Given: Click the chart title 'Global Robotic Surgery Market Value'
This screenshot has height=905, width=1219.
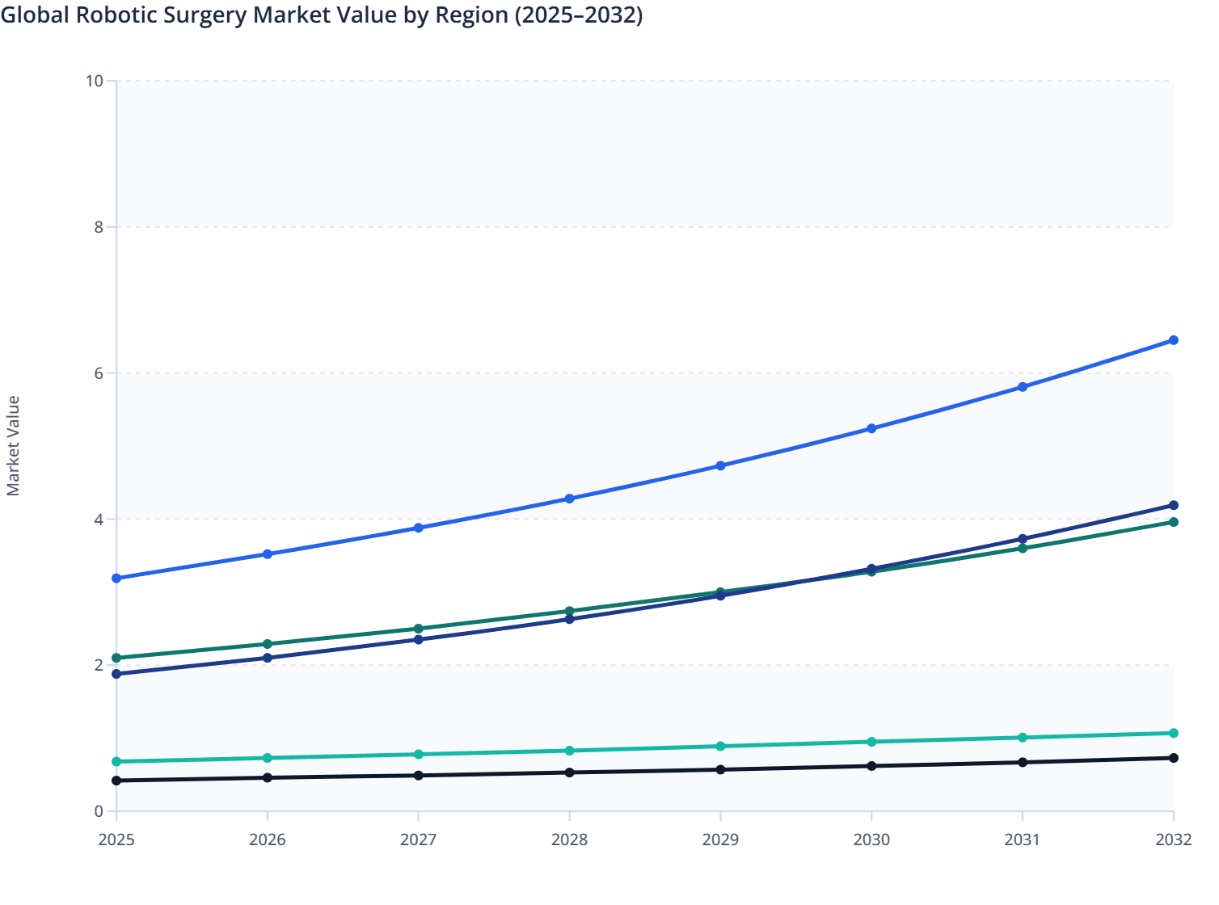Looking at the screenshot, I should point(321,15).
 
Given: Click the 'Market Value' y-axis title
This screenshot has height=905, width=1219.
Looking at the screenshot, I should point(13,445).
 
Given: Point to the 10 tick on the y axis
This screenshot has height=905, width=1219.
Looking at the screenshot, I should point(95,81).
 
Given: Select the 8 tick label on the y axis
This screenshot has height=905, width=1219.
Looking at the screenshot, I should point(99,227).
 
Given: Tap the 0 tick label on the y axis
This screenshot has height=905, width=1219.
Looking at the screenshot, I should point(99,811).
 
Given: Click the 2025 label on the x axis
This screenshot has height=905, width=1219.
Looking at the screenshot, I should point(116,840).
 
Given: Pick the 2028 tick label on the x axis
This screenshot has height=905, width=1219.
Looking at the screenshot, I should point(569,840).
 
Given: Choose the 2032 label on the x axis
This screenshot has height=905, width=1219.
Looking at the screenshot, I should point(1173,840).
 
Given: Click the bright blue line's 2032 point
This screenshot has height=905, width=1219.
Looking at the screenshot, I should point(1173,340).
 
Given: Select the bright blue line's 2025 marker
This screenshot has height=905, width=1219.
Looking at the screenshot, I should point(116,579).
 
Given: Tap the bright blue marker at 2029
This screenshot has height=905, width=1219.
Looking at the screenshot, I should point(720,466).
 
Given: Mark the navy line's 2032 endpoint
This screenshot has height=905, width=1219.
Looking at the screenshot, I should point(1173,505).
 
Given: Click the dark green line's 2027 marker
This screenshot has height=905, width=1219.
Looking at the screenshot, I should point(419,629).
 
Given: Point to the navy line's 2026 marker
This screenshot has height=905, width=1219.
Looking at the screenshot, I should point(268,658).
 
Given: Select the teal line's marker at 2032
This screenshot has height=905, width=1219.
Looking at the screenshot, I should point(1173,733).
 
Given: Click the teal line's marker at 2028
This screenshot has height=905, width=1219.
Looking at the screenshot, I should point(569,751).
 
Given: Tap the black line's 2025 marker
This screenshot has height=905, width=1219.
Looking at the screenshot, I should point(116,781).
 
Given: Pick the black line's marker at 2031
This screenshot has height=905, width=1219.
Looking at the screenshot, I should point(1023,762).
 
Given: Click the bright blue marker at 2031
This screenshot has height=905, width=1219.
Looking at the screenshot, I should point(1023,387).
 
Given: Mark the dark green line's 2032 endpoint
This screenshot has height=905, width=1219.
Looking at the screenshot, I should point(1173,522).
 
